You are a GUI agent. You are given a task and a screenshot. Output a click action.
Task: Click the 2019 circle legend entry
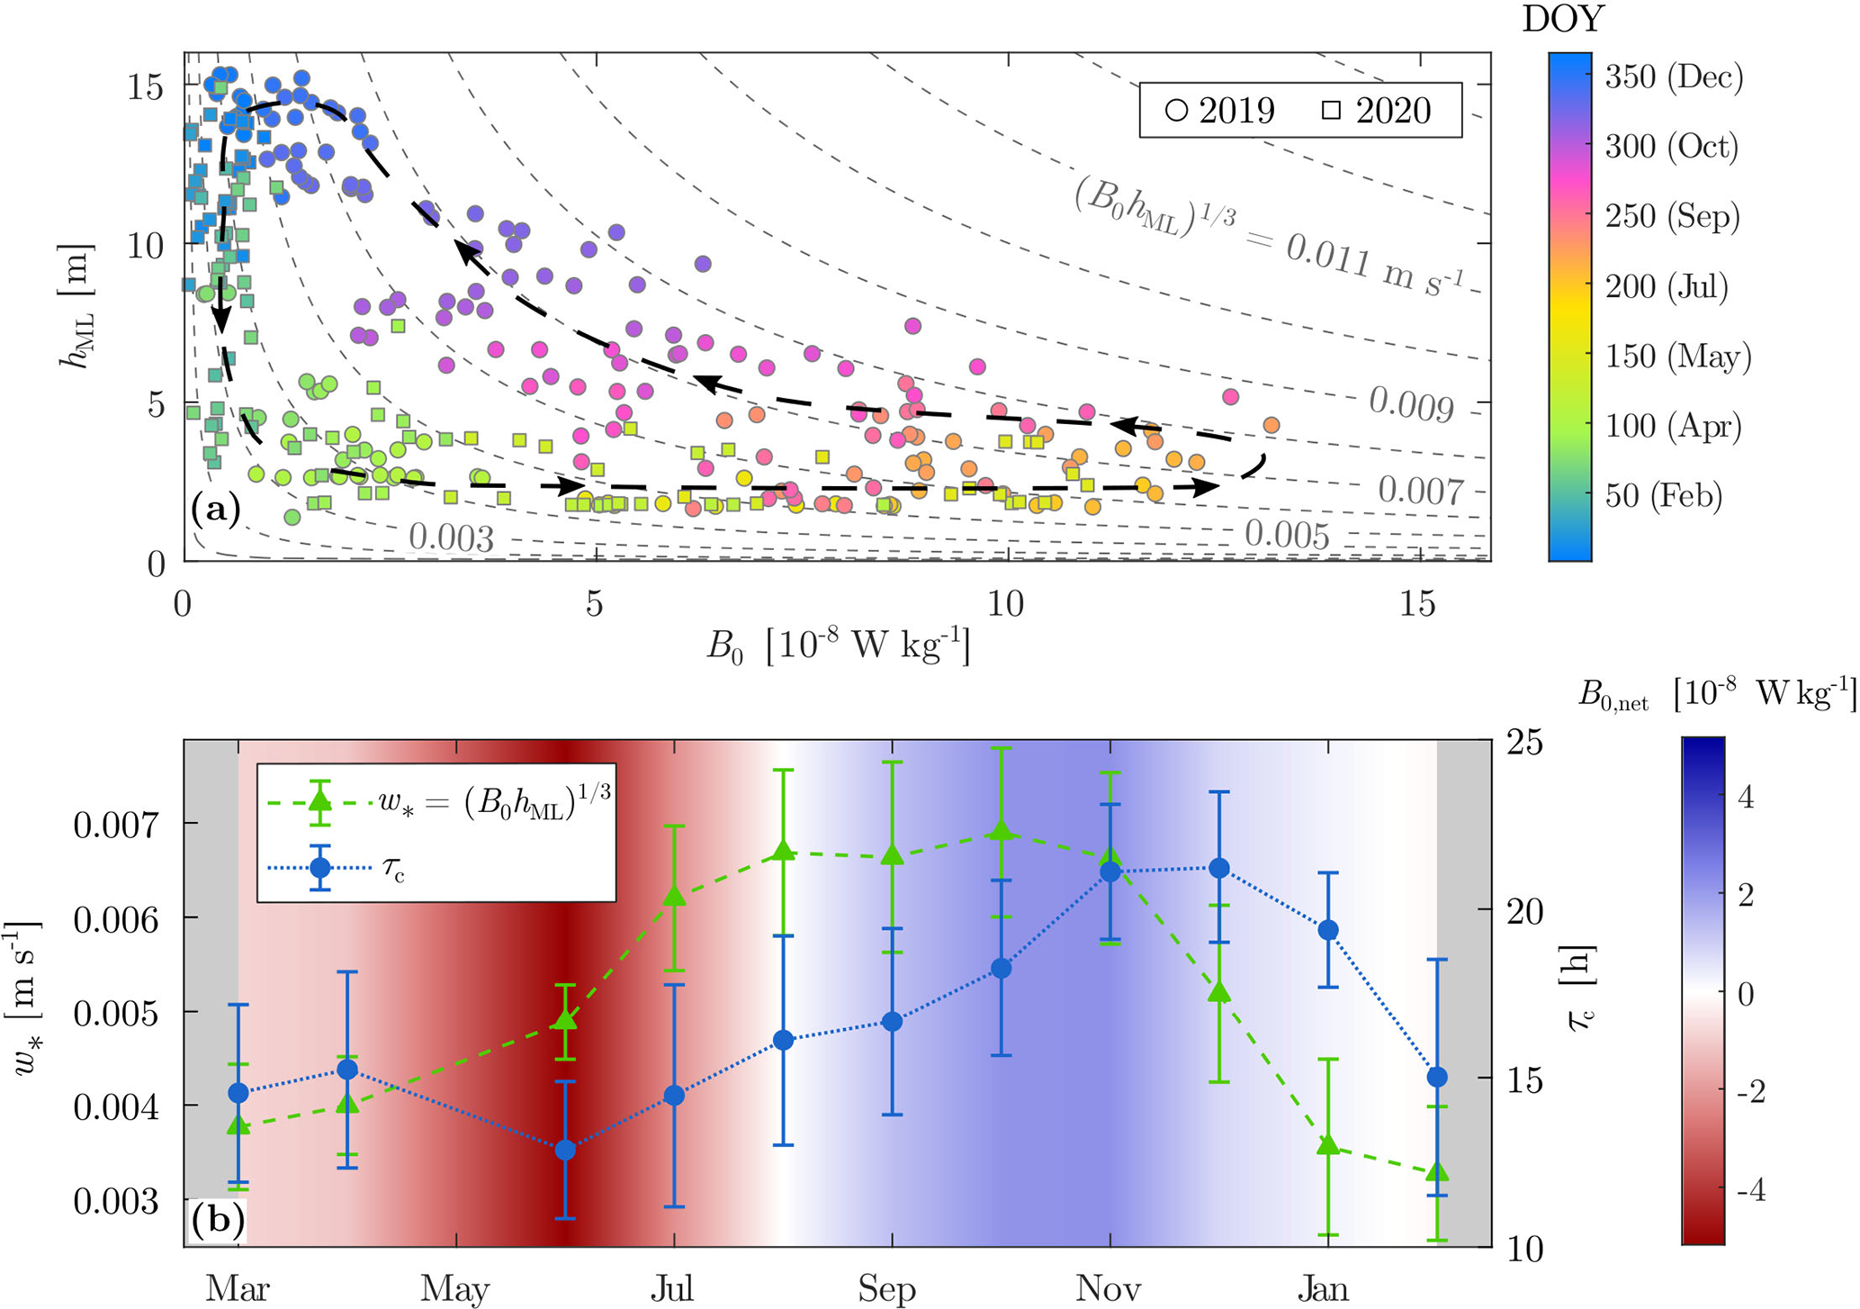click(x=1219, y=111)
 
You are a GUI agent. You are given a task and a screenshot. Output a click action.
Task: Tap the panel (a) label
click(x=216, y=510)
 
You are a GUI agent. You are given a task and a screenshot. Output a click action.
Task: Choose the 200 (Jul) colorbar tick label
click(x=1667, y=286)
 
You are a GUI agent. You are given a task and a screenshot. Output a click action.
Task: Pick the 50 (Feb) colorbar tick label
click(x=1664, y=495)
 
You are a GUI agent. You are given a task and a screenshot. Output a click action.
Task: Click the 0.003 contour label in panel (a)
click(x=451, y=538)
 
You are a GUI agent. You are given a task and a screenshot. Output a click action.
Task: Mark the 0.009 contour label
click(x=1411, y=405)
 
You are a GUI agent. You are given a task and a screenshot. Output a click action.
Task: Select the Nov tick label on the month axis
click(x=1109, y=1289)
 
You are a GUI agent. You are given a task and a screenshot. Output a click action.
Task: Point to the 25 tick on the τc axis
click(x=1526, y=743)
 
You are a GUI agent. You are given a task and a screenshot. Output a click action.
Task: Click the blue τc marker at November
click(x=1110, y=871)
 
